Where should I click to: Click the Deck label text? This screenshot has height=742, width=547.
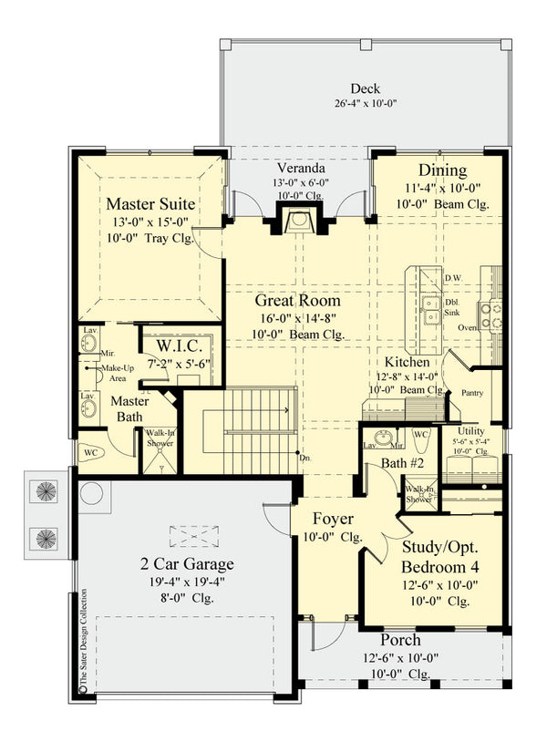(x=365, y=88)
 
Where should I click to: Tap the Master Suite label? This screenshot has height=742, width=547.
(x=150, y=202)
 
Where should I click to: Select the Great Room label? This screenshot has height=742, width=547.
(x=297, y=300)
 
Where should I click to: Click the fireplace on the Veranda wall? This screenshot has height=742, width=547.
(x=297, y=221)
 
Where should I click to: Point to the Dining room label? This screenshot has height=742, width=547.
(x=442, y=170)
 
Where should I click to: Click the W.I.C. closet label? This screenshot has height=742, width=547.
(x=173, y=347)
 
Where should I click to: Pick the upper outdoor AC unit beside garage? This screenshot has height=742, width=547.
(x=45, y=492)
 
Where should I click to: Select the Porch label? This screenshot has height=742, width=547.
(x=400, y=640)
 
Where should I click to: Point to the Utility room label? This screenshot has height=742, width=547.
(x=471, y=431)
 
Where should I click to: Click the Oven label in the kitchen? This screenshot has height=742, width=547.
(x=467, y=327)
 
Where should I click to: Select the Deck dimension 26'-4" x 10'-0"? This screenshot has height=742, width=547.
(x=365, y=105)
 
